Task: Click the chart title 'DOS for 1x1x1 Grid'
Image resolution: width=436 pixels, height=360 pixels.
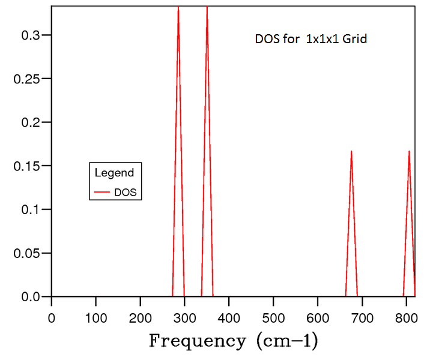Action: (311, 40)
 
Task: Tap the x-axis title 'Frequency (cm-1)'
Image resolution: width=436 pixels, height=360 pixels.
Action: (233, 341)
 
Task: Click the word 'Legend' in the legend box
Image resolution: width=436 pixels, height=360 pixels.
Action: (114, 173)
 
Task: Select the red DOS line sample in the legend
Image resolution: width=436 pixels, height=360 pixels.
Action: (102, 193)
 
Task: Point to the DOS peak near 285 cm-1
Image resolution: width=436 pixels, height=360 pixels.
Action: (178, 10)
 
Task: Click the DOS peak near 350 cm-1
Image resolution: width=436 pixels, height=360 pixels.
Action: (207, 10)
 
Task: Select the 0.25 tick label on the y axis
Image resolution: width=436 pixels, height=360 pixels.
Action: (27, 79)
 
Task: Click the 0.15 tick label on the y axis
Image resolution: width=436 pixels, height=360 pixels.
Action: (27, 166)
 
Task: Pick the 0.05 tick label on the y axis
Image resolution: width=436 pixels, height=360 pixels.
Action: (27, 253)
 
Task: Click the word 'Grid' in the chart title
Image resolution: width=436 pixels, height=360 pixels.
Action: (354, 40)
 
